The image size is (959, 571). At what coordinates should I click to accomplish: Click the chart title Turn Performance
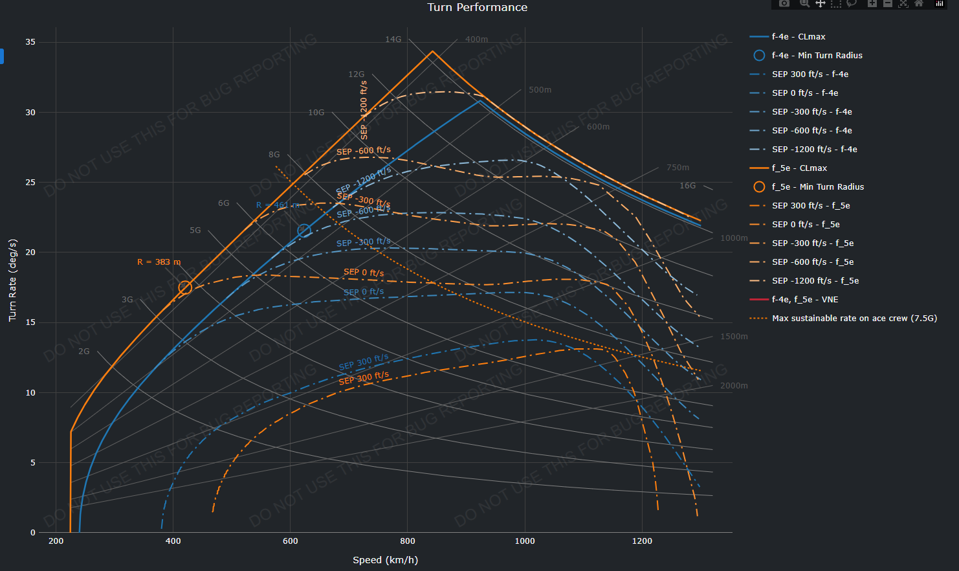[x=477, y=7]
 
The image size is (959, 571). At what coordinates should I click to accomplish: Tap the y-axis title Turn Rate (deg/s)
[x=12, y=280]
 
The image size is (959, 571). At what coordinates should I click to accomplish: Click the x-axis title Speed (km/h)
[x=385, y=560]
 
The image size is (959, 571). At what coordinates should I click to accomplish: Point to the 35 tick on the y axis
[x=30, y=42]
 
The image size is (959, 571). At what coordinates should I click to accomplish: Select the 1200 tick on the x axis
[x=642, y=541]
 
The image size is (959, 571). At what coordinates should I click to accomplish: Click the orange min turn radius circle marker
[x=185, y=287]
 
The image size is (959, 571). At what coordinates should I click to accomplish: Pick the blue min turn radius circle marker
[x=304, y=230]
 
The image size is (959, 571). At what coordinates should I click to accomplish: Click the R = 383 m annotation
[x=159, y=262]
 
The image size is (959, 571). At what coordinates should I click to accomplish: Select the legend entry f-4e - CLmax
[x=798, y=37]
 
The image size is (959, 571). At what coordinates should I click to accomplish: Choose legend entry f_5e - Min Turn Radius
[x=817, y=187]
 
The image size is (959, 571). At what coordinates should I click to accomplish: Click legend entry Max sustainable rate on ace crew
[x=854, y=319]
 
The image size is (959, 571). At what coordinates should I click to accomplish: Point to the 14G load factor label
[x=393, y=39]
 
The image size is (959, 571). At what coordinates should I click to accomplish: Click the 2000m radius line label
[x=734, y=386]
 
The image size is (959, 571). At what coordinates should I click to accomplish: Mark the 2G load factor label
[x=84, y=352]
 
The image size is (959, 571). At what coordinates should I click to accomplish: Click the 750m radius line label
[x=678, y=168]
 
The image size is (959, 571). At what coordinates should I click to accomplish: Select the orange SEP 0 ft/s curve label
[x=364, y=273]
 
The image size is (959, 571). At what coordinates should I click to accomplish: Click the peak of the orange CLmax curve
[x=432, y=51]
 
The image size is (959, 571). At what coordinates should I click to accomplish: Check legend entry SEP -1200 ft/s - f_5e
[x=815, y=281]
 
